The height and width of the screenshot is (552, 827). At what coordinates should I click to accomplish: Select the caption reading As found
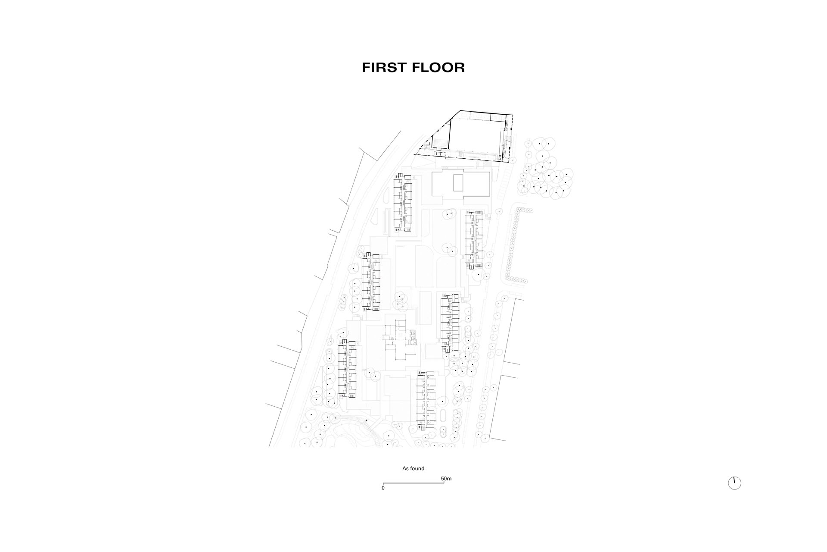pos(413,468)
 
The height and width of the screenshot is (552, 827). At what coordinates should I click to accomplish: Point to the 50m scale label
pos(446,479)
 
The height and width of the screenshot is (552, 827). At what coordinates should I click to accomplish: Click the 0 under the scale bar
pos(383,488)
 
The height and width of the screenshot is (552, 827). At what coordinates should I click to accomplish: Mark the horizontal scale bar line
pos(413,483)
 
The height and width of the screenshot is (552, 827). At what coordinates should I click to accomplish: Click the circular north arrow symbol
pos(734,483)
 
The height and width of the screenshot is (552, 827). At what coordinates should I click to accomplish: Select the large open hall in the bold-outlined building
pos(476,135)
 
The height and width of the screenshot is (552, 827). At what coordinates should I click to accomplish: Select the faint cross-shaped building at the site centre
pos(398,341)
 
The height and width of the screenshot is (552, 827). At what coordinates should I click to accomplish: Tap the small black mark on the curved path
pos(367,420)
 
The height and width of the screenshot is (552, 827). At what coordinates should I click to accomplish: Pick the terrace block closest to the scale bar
pos(426,401)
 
